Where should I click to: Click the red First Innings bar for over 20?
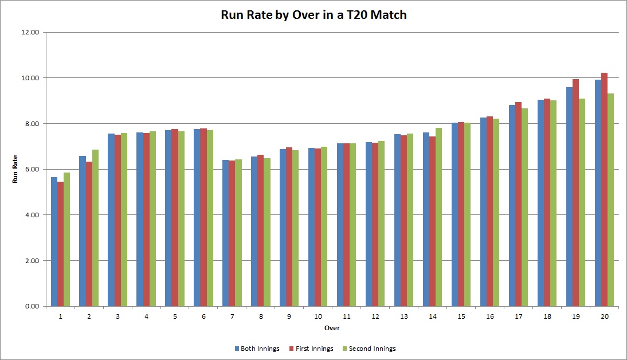(604, 190)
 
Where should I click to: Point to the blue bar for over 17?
(512, 206)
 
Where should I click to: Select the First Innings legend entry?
(309, 349)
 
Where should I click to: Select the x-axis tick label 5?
(175, 316)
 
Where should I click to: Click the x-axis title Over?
(332, 328)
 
